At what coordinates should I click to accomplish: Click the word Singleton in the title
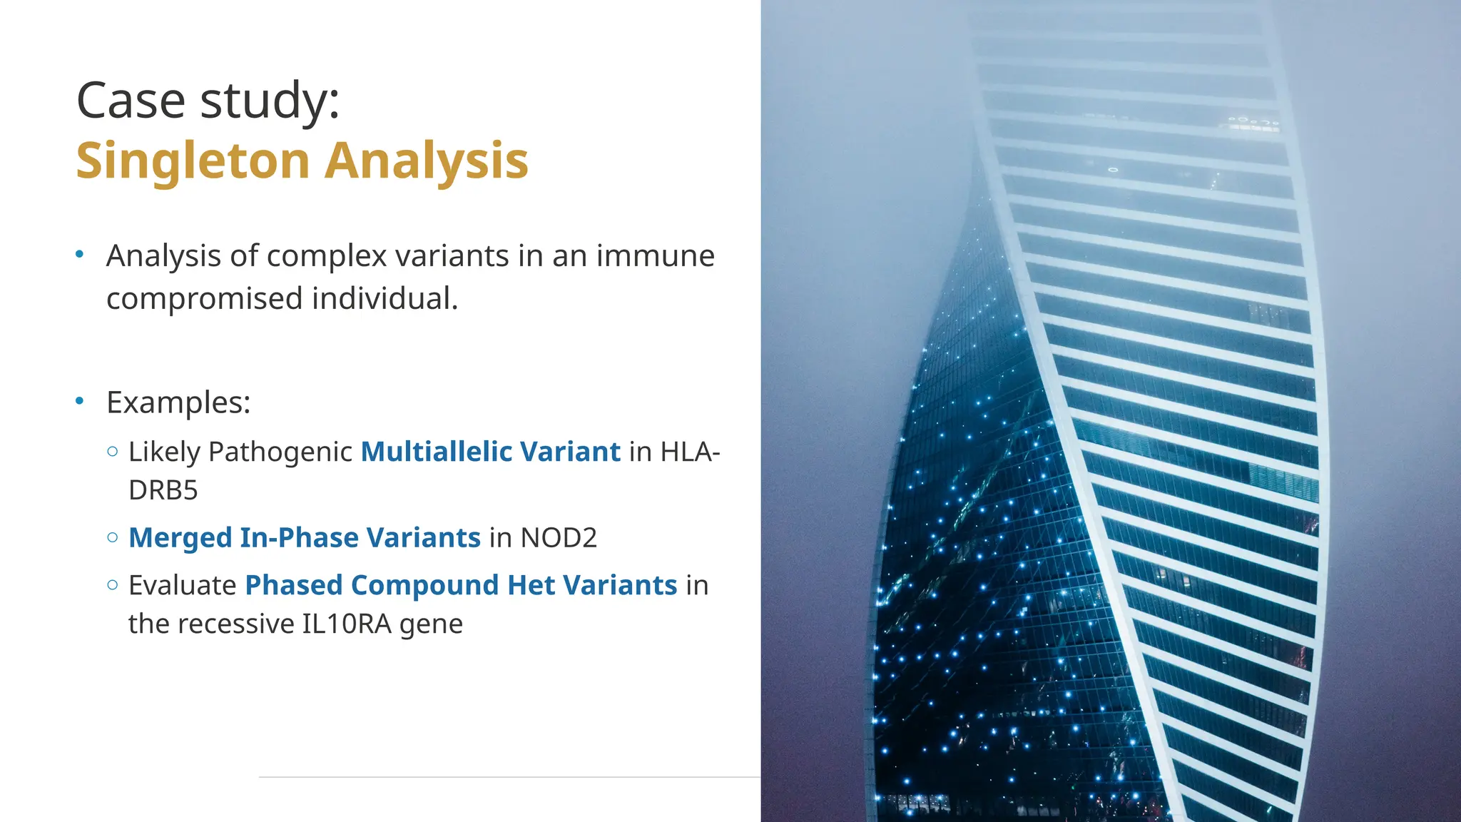pyautogui.click(x=192, y=161)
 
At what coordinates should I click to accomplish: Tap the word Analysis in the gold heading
pyautogui.click(x=427, y=161)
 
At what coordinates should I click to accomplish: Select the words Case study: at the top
pyautogui.click(x=208, y=100)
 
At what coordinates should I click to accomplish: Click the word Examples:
pyautogui.click(x=178, y=402)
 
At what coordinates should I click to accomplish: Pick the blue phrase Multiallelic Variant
pyautogui.click(x=490, y=452)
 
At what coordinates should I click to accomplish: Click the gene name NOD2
pyautogui.click(x=559, y=538)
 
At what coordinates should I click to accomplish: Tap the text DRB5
pyautogui.click(x=163, y=491)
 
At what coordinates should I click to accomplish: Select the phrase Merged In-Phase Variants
pyautogui.click(x=305, y=538)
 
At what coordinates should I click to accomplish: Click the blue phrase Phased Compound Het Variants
pyautogui.click(x=461, y=585)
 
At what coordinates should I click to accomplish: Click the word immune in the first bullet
pyautogui.click(x=655, y=255)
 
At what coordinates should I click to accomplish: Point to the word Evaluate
pyautogui.click(x=182, y=585)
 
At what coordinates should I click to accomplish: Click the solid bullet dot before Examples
pyautogui.click(x=80, y=401)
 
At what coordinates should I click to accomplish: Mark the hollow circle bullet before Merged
pyautogui.click(x=112, y=537)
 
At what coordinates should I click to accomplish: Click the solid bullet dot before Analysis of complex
pyautogui.click(x=80, y=254)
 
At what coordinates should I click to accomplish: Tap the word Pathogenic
pyautogui.click(x=280, y=452)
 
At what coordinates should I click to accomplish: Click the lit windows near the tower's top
pyautogui.click(x=1253, y=123)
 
